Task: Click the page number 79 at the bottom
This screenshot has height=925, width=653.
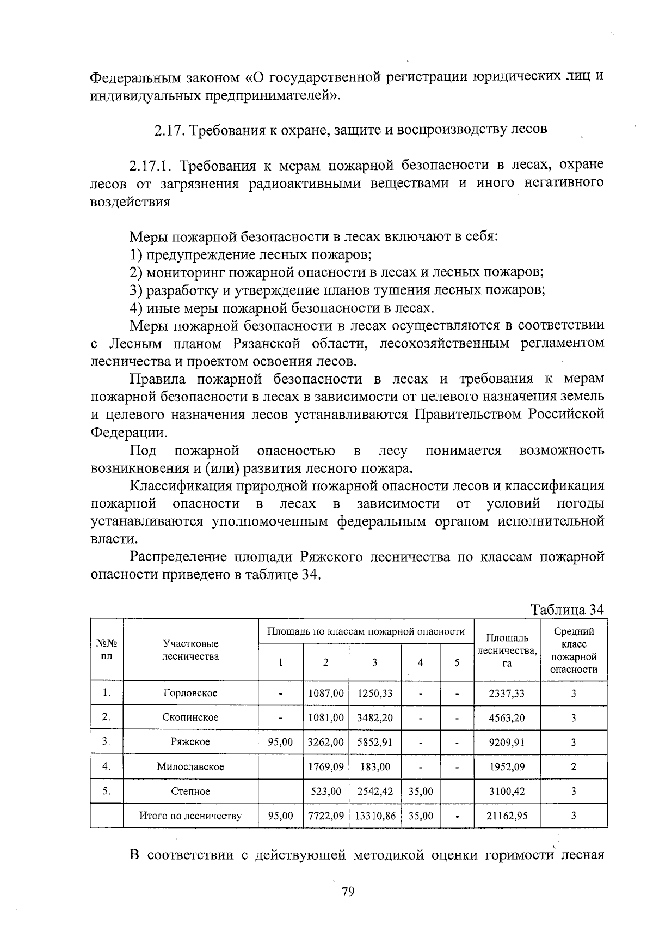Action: (348, 892)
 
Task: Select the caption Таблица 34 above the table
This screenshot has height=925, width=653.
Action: (568, 610)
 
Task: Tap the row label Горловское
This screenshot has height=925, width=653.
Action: (190, 693)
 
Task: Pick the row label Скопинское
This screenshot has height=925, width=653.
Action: (190, 717)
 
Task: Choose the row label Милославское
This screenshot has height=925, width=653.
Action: (190, 766)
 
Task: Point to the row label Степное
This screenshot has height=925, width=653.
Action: (190, 791)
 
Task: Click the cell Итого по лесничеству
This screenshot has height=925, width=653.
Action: (190, 816)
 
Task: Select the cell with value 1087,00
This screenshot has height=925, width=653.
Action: (325, 693)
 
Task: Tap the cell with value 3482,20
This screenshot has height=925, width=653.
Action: (374, 717)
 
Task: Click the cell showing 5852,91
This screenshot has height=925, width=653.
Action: (374, 742)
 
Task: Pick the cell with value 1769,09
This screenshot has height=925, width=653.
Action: (325, 766)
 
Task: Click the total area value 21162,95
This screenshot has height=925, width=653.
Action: (507, 816)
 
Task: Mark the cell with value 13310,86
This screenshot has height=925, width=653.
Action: (375, 816)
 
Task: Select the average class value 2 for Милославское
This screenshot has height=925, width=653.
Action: (574, 766)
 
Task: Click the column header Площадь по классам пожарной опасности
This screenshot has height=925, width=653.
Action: (366, 632)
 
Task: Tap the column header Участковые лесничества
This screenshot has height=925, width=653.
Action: (190, 650)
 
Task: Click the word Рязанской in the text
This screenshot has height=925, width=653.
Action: (267, 344)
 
